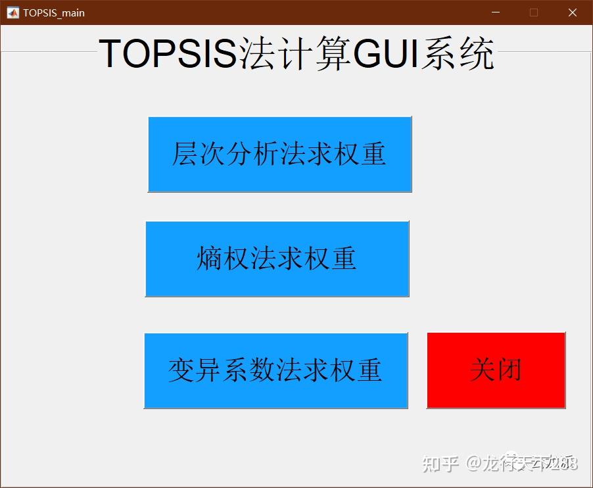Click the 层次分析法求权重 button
pos(279,155)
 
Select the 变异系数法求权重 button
pos(275,370)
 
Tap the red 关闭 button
pos(496,370)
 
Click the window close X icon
pos(572,12)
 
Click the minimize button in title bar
pos(496,12)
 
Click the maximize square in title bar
pos(534,12)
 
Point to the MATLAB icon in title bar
pos(12,12)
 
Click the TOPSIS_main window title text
pos(54,12)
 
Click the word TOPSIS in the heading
pos(168,54)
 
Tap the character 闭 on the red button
pos(510,370)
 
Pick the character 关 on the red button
pos(483,370)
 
